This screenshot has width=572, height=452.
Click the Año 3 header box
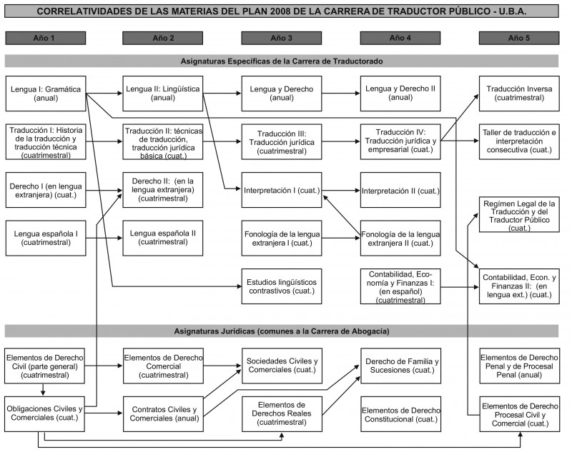pyautogui.click(x=281, y=38)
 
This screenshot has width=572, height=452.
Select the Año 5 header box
pyautogui.click(x=519, y=38)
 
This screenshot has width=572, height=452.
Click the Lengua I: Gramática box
pyautogui.click(x=46, y=94)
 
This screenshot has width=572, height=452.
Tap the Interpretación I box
pyautogui.click(x=282, y=190)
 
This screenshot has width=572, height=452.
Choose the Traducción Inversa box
pyautogui.click(x=519, y=94)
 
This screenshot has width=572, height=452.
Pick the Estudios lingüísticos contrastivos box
pyautogui.click(x=282, y=286)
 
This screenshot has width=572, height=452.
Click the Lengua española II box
pyautogui.click(x=163, y=238)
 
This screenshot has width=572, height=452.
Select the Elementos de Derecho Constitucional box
pyautogui.click(x=401, y=414)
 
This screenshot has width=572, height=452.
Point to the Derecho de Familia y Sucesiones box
pyautogui.click(x=401, y=366)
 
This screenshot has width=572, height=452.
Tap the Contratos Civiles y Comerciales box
pyautogui.click(x=163, y=414)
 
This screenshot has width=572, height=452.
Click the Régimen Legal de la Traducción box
pyautogui.click(x=519, y=214)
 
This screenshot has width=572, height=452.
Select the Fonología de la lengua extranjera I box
pyautogui.click(x=282, y=238)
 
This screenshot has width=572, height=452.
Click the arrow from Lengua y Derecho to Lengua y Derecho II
pyautogui.click(x=341, y=94)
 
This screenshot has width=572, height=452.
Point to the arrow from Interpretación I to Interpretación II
pyautogui.click(x=341, y=190)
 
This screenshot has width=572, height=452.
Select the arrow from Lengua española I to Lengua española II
pyautogui.click(x=104, y=238)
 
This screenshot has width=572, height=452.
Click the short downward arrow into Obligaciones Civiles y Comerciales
pyautogui.click(x=43, y=390)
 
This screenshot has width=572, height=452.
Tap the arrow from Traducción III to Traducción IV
pyautogui.click(x=341, y=141)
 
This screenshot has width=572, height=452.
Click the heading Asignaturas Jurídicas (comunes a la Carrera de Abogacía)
pyautogui.click(x=282, y=331)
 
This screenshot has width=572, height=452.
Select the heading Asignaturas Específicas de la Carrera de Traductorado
pyautogui.click(x=282, y=61)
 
